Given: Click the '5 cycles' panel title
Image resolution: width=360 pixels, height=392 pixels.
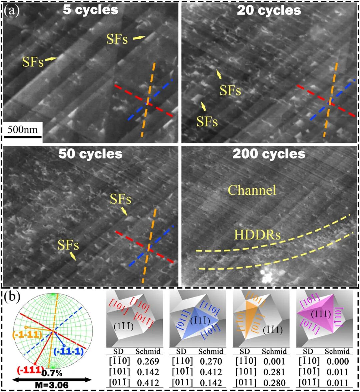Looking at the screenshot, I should point(90,10).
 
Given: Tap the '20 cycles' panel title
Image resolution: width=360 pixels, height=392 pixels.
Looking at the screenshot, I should point(269,11).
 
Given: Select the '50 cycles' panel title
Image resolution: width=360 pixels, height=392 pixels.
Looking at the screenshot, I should point(90,154).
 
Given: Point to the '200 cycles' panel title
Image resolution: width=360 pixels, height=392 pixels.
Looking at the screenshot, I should point(269,154).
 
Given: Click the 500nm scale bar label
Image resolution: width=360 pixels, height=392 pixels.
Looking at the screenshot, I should point(23,129).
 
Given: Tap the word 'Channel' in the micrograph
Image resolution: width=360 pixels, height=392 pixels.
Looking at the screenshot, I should point(252,190).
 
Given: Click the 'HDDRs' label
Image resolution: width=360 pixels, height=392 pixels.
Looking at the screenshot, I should point(257,235).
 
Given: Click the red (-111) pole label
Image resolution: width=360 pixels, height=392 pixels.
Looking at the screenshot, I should point(30,369).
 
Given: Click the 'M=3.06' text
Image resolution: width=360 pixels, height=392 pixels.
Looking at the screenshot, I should point(52,385).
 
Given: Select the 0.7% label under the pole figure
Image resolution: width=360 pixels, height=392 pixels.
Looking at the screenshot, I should point(52,373).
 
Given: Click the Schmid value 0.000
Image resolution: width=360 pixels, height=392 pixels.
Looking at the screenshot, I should point(337,361).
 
